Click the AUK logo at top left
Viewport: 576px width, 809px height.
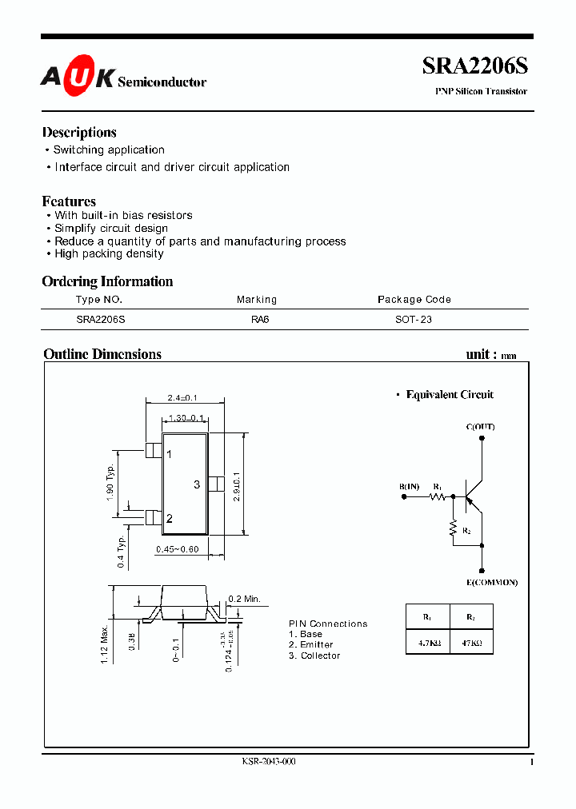pyautogui.click(x=76, y=78)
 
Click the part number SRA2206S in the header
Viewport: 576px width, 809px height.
pyautogui.click(x=475, y=67)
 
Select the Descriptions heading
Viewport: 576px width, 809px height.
pyautogui.click(x=79, y=133)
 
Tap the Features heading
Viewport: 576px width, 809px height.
pyautogui.click(x=69, y=201)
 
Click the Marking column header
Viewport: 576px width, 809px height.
pyautogui.click(x=257, y=300)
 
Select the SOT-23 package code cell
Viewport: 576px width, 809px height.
pyautogui.click(x=414, y=319)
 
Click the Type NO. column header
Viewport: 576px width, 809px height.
pyautogui.click(x=99, y=300)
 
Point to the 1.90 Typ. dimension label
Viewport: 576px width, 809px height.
pyautogui.click(x=110, y=484)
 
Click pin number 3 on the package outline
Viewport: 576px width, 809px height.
pyautogui.click(x=197, y=484)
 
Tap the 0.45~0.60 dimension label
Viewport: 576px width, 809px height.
pyautogui.click(x=178, y=548)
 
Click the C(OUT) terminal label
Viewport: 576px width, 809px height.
pyautogui.click(x=481, y=427)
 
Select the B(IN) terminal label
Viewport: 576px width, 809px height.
pyautogui.click(x=409, y=487)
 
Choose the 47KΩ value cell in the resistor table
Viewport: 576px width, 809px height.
pyautogui.click(x=470, y=642)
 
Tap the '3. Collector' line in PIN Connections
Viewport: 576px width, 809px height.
pyautogui.click(x=314, y=656)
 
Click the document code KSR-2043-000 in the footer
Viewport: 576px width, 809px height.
pyautogui.click(x=269, y=762)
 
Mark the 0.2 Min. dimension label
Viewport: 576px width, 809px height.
pyautogui.click(x=245, y=599)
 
